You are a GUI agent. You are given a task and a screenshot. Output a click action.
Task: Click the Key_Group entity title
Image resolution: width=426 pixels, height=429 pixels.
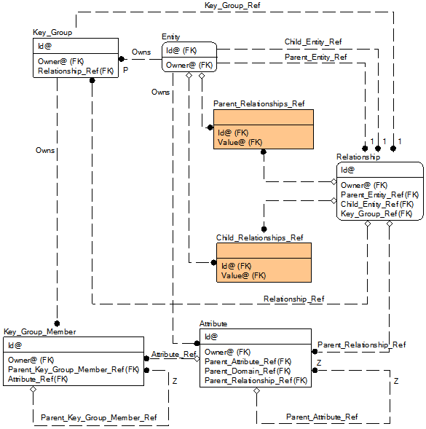click(x=52, y=33)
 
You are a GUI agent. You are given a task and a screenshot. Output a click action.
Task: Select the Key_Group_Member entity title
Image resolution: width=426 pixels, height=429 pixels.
click(x=40, y=331)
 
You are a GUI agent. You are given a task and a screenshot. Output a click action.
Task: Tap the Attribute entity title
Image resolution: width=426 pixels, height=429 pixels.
click(x=213, y=323)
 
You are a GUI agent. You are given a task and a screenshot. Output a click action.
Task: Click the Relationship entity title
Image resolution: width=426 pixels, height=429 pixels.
click(x=358, y=157)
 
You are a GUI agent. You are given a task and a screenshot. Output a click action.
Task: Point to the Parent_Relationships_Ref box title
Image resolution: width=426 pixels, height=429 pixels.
click(x=259, y=103)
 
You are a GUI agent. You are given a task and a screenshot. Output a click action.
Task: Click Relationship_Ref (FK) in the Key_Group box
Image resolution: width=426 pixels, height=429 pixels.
click(x=76, y=71)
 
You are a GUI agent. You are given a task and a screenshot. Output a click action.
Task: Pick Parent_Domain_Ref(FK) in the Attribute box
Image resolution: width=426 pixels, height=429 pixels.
click(x=248, y=371)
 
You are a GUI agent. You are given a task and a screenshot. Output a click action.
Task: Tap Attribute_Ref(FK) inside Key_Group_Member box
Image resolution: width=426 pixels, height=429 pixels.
click(x=38, y=379)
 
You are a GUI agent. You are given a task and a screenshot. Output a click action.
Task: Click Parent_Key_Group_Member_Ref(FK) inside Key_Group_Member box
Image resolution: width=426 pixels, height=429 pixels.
click(x=74, y=369)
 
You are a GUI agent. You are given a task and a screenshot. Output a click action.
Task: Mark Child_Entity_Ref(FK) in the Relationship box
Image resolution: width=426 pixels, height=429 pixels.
click(x=379, y=204)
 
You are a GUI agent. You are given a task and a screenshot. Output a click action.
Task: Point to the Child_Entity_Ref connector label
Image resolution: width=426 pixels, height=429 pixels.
click(x=313, y=42)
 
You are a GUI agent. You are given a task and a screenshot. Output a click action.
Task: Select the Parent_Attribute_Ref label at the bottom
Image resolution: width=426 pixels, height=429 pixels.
click(x=322, y=417)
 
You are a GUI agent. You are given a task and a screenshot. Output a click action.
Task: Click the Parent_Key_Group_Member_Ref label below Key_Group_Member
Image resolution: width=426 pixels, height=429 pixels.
click(x=98, y=417)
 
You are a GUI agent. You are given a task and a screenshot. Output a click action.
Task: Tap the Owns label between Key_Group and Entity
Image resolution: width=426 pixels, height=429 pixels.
click(x=141, y=52)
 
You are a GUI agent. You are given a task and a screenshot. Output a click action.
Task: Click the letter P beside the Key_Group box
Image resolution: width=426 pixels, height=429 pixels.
click(x=125, y=71)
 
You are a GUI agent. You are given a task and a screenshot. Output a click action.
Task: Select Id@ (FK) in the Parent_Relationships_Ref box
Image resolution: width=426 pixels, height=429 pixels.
click(x=233, y=133)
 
